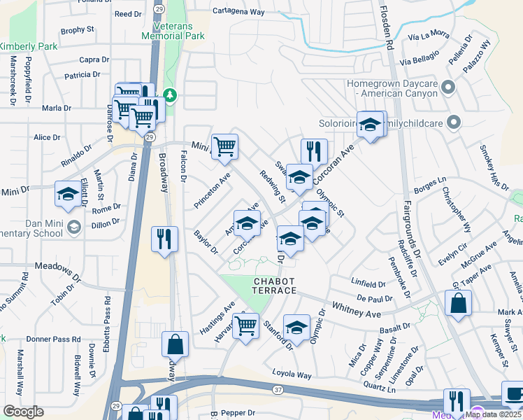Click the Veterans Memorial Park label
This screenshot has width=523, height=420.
pos(173,30)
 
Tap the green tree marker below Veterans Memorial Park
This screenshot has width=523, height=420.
pos(169,94)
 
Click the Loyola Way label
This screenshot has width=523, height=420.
pos(292,375)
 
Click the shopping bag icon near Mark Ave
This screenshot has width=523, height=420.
pos(458,303)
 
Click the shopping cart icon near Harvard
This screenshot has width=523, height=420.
pos(245,325)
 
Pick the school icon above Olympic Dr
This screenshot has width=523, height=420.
pos(296,327)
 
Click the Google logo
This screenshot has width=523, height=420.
pos(23,412)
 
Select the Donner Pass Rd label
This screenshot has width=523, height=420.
pos(48,339)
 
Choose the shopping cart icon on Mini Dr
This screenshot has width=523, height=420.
pos(225,146)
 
